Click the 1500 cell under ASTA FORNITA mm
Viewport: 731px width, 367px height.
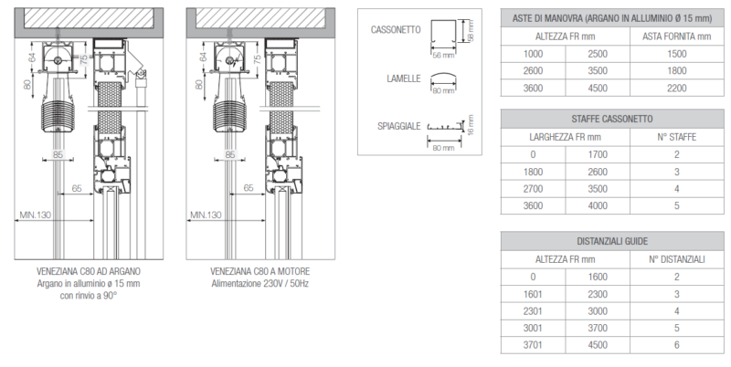pyautogui.click(x=676, y=54)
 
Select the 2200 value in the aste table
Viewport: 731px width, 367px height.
pyautogui.click(x=676, y=88)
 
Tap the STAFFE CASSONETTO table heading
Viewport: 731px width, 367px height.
pyautogui.click(x=612, y=119)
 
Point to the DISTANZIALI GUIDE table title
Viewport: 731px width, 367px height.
pyautogui.click(x=612, y=241)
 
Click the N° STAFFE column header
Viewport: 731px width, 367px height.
pyautogui.click(x=676, y=137)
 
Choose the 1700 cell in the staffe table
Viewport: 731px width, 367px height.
pyautogui.click(x=598, y=154)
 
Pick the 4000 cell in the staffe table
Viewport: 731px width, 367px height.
pyautogui.click(x=598, y=205)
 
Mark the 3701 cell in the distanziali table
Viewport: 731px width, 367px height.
pyautogui.click(x=533, y=345)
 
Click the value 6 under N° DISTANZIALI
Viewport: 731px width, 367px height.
pyautogui.click(x=676, y=345)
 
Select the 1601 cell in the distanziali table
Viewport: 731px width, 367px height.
pyautogui.click(x=533, y=294)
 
